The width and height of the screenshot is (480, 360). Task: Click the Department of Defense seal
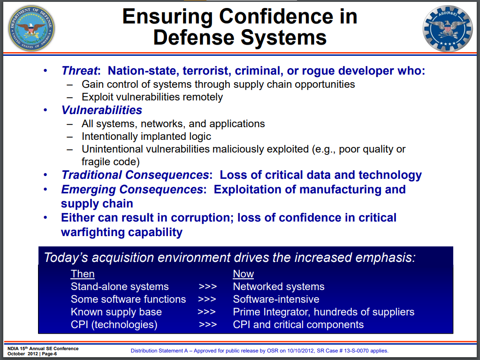click(x=31, y=28)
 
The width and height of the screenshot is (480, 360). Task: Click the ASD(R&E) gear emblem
click(x=448, y=29)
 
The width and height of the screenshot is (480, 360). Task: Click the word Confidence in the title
click(x=276, y=16)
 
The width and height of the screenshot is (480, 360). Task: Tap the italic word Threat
click(x=79, y=71)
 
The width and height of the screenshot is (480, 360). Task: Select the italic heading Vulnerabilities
click(x=102, y=110)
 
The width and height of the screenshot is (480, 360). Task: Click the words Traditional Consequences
click(x=135, y=175)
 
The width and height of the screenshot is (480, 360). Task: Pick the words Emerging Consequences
click(x=132, y=190)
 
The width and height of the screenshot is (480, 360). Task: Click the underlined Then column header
click(x=83, y=274)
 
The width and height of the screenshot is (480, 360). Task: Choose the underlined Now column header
click(x=244, y=274)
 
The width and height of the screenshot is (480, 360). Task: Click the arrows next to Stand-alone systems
click(x=207, y=286)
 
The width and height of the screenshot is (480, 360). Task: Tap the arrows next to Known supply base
click(x=206, y=312)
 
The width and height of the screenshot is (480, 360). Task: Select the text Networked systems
click(x=279, y=286)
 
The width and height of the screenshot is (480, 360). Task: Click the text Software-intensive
click(x=276, y=299)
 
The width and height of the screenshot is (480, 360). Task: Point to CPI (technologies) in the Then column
click(x=114, y=324)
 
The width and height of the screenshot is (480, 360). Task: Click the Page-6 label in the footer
click(x=49, y=354)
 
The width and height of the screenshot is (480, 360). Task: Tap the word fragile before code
click(x=96, y=161)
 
